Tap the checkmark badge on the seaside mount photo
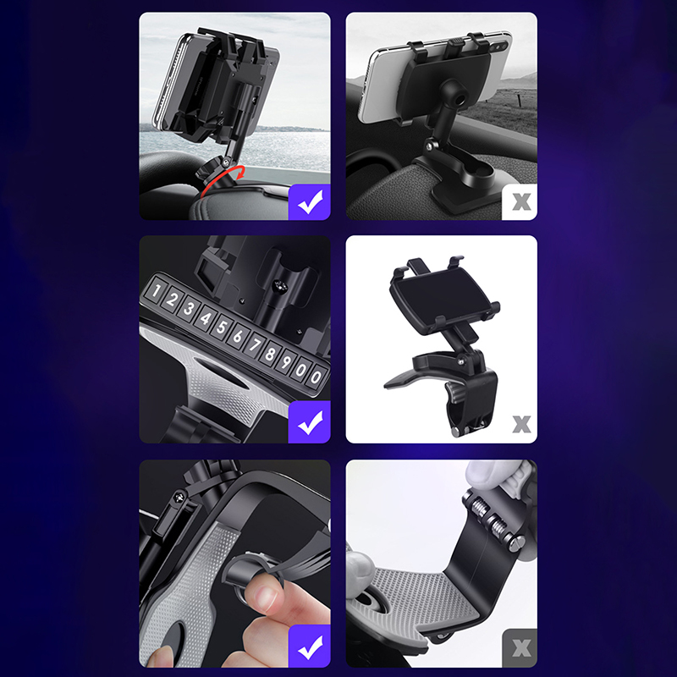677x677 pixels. click(310, 202)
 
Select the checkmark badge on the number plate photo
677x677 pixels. click(310, 421)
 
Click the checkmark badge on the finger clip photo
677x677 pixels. click(310, 646)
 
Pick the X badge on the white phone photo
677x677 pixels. click(520, 202)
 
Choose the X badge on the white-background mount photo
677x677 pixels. click(521, 425)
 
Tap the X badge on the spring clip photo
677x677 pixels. click(520, 648)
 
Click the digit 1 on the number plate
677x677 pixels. click(157, 289)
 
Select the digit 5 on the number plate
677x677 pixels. click(221, 327)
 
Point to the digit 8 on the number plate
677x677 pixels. click(269, 354)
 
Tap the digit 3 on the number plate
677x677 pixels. click(189, 308)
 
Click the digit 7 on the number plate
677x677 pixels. click(254, 344)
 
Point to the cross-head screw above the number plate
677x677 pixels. click(280, 285)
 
